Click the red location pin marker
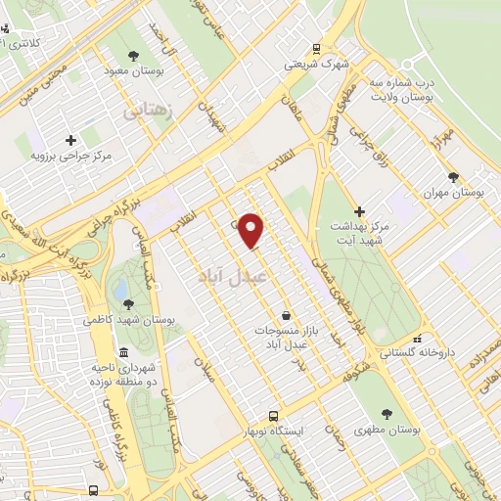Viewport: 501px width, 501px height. click(x=252, y=230)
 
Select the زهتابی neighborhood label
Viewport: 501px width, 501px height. click(x=149, y=112)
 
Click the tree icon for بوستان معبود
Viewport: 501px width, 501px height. click(x=134, y=57)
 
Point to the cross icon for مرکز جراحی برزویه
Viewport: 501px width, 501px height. click(x=70, y=140)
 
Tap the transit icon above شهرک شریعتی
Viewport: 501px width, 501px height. click(x=315, y=48)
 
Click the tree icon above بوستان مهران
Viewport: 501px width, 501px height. click(x=452, y=177)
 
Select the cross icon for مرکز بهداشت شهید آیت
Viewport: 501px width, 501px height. click(x=359, y=211)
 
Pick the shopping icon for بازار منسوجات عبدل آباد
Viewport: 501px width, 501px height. click(x=285, y=315)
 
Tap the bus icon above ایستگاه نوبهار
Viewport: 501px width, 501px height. click(x=275, y=415)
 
